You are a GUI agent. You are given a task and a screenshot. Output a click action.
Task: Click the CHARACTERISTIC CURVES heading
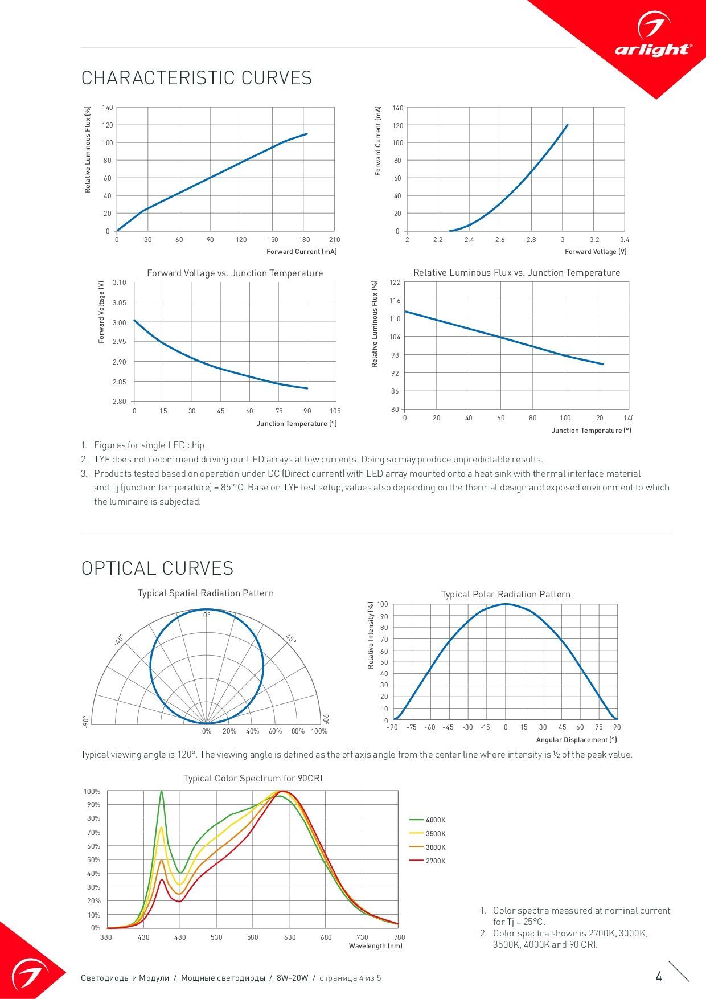[x=196, y=78]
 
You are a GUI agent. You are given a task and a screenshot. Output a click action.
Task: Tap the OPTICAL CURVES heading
[x=157, y=568]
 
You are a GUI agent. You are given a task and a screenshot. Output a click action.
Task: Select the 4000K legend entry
[x=428, y=820]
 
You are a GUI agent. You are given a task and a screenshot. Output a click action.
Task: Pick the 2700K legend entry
[x=428, y=861]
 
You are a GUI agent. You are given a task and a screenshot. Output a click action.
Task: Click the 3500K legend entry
[x=428, y=834]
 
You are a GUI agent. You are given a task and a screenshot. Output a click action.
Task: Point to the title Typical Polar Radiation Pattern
[x=506, y=595]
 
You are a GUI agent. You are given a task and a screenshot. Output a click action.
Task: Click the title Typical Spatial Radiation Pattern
[x=206, y=593]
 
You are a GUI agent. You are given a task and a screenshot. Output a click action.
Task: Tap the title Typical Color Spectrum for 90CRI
[x=253, y=779]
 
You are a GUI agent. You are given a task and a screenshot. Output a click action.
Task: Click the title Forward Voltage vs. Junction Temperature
[x=235, y=273]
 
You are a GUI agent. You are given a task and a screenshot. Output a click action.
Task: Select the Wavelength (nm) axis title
[x=376, y=946]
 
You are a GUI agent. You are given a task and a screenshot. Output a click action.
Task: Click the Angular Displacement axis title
[x=576, y=740]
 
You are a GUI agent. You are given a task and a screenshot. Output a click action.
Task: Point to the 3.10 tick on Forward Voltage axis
[x=120, y=282]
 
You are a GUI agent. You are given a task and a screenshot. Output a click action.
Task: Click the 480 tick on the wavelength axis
[x=180, y=937]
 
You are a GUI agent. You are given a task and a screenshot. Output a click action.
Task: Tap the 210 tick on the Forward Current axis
[x=334, y=240]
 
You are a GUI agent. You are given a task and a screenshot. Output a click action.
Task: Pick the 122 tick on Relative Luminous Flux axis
[x=395, y=282]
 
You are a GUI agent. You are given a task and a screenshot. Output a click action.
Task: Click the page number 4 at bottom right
[x=659, y=977]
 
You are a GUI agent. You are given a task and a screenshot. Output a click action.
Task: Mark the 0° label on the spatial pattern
[x=207, y=615]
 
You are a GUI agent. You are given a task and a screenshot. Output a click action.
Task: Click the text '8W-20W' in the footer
[x=292, y=978]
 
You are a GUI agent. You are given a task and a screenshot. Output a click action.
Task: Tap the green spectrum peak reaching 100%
[x=161, y=792]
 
